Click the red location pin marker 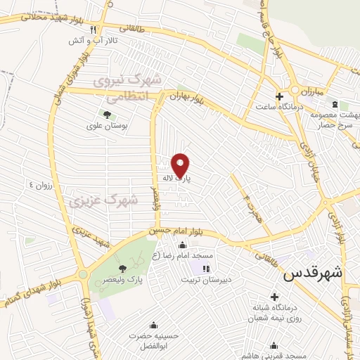pyautogui.click(x=181, y=165)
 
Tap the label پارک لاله pyautogui.click(x=179, y=180)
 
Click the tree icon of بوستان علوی pyautogui.click(x=107, y=114)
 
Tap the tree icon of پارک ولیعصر pyautogui.click(x=123, y=268)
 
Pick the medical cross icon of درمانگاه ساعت pyautogui.click(x=279, y=96)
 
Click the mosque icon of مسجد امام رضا pyautogui.click(x=183, y=245)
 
